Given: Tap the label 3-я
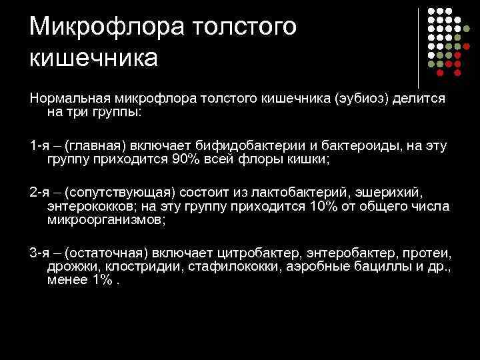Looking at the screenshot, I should pos(39,254).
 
